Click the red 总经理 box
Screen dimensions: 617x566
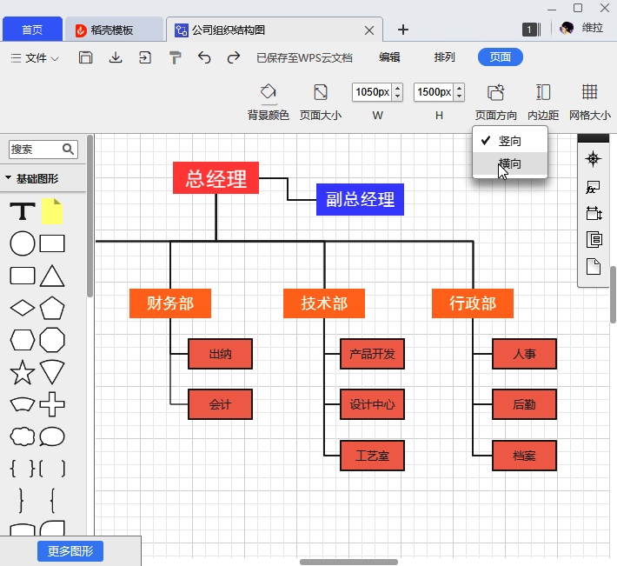coord(216,178)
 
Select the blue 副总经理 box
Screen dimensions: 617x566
coord(360,199)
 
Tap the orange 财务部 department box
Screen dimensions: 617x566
coord(170,303)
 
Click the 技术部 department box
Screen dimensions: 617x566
coord(324,303)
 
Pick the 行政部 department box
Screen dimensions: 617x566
coord(473,303)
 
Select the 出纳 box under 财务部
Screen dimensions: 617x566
coord(221,354)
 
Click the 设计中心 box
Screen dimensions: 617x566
coord(372,404)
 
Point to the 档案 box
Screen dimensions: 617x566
coord(524,456)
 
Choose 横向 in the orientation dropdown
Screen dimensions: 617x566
coord(510,163)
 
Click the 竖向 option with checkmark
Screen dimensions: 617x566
coord(510,140)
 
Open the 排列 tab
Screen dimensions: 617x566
coord(444,57)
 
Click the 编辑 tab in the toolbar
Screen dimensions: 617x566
coord(389,57)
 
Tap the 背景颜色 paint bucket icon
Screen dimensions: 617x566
coord(269,92)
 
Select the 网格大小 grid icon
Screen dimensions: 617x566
coord(589,92)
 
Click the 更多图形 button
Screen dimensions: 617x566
coord(70,550)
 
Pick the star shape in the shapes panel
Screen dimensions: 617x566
coord(22,374)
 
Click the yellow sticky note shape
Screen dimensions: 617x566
coord(52,211)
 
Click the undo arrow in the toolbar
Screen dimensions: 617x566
coord(204,57)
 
